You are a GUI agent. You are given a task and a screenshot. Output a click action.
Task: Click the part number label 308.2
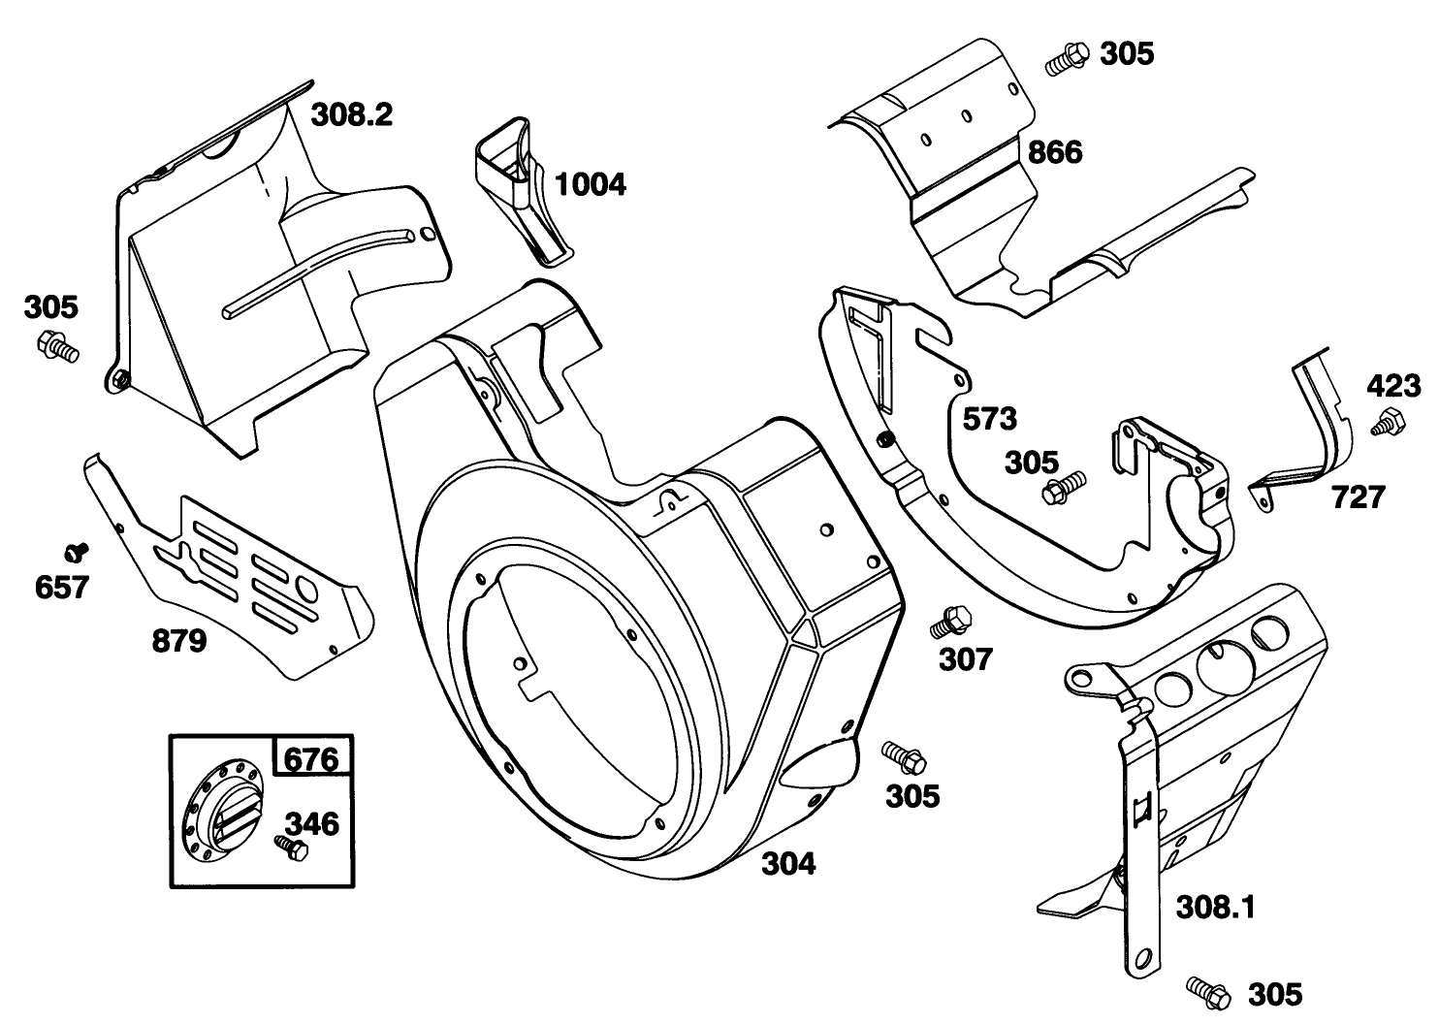(351, 115)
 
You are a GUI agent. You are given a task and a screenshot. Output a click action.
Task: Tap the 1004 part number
(590, 183)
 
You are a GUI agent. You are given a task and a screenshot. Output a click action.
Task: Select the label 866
(1054, 152)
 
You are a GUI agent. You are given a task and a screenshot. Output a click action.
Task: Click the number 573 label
(989, 419)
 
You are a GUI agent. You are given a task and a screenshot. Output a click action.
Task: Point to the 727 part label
(1358, 497)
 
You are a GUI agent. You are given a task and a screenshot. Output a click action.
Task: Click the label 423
(1394, 386)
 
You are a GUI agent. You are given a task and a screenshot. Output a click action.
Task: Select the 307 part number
(966, 659)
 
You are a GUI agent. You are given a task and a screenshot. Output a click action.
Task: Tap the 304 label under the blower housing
(787, 862)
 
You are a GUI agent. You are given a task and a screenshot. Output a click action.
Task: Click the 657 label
(61, 587)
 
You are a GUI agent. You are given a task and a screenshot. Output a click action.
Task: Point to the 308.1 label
(1215, 908)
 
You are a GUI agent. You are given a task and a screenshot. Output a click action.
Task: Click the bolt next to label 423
(1386, 423)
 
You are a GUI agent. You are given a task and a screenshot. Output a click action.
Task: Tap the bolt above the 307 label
(949, 621)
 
